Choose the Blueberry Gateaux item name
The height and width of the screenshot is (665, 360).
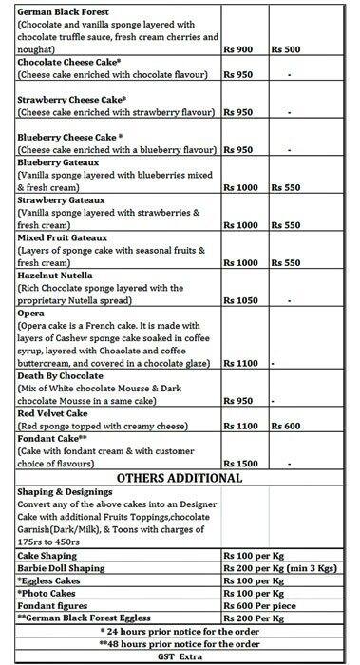pyautogui.click(x=60, y=163)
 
